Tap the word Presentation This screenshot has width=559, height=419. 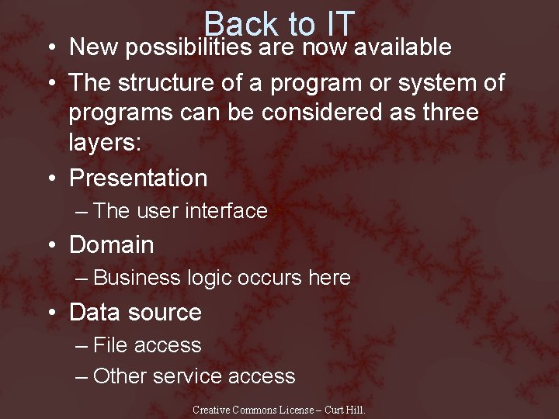(138, 178)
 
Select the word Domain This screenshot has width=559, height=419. (112, 245)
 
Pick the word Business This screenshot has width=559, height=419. (137, 278)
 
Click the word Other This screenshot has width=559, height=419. (120, 377)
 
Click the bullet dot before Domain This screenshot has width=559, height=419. (50, 246)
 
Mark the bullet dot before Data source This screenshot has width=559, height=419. (50, 313)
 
